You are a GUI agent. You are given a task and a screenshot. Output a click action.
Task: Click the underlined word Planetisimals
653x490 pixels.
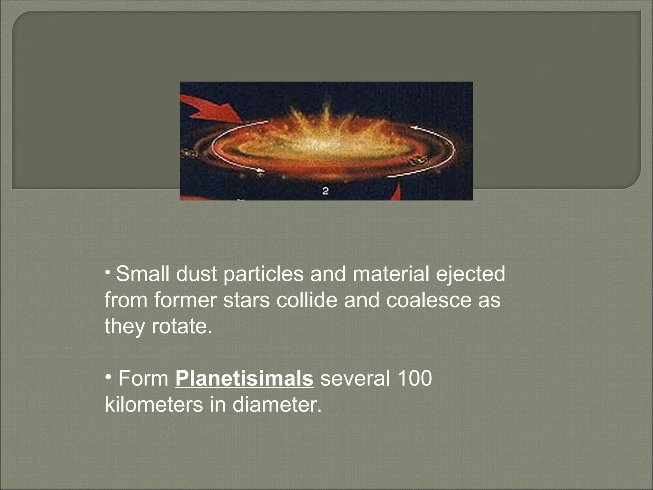(x=244, y=379)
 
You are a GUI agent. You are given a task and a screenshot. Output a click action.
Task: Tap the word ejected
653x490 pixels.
(x=470, y=275)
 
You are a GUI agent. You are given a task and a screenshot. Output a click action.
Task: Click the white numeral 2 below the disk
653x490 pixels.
(x=326, y=191)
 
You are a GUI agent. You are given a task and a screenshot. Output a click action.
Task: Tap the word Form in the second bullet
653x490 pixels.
(x=143, y=379)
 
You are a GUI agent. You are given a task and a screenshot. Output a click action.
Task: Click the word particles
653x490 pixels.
(x=263, y=275)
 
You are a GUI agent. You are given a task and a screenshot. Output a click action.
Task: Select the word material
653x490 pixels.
(x=391, y=274)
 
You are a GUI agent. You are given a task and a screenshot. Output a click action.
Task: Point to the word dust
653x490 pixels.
(x=196, y=274)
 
